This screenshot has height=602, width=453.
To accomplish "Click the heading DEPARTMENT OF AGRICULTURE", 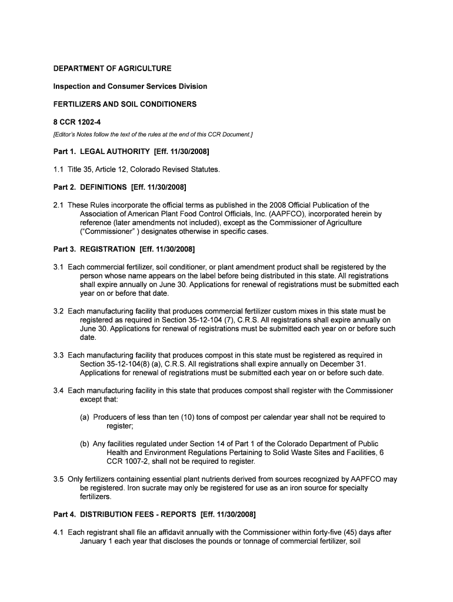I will click(112, 69).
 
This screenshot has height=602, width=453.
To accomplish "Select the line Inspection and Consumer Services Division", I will click(130, 86).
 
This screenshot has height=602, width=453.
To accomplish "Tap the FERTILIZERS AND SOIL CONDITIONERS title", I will click(125, 104).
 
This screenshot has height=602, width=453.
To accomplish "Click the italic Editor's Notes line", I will click(152, 135).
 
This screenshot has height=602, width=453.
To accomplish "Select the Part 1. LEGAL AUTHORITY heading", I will click(131, 152).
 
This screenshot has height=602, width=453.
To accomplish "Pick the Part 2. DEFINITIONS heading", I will click(119, 188).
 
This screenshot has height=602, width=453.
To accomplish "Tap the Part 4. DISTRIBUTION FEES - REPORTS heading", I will click(154, 515).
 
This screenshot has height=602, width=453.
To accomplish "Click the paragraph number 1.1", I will click(59, 170).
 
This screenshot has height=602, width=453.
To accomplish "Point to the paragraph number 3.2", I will click(59, 311).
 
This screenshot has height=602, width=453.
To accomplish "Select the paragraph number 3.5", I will click(59, 479).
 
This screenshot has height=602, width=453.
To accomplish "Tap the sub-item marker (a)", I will click(85, 417).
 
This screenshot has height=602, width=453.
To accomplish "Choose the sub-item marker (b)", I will click(85, 444).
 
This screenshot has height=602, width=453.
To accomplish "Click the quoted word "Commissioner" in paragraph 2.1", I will click(106, 232).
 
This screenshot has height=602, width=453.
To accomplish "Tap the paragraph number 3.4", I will click(59, 390).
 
